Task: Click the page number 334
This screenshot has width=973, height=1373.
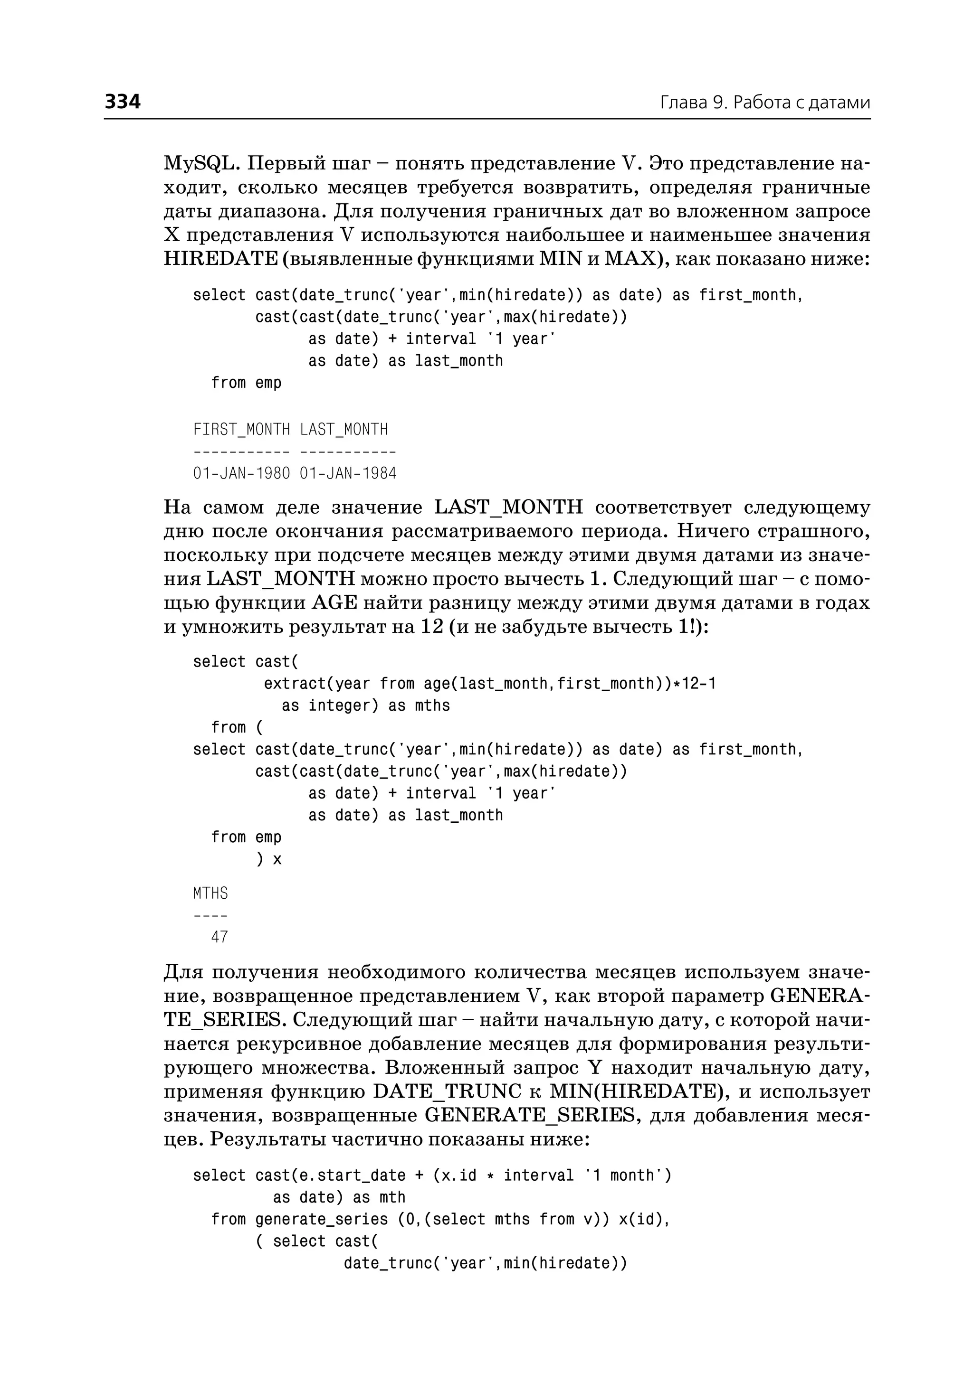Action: [x=123, y=101]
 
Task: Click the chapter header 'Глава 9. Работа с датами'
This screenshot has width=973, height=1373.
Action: [x=764, y=103]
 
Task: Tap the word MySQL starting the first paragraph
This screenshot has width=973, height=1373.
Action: [x=200, y=163]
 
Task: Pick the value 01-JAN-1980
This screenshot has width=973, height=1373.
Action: [x=241, y=474]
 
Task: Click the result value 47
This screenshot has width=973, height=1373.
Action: [x=220, y=937]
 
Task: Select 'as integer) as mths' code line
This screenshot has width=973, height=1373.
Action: [x=365, y=705]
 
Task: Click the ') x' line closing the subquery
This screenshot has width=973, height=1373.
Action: [x=268, y=859]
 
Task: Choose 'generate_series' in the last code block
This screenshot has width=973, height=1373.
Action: [x=321, y=1219]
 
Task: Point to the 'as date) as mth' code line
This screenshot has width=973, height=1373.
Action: [x=339, y=1197]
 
